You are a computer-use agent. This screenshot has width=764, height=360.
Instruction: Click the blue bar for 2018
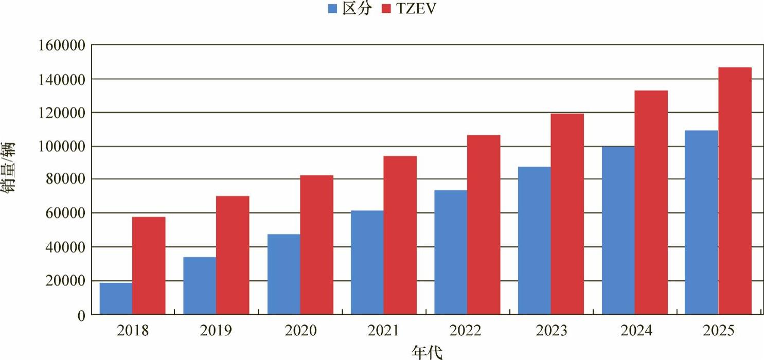click(x=116, y=298)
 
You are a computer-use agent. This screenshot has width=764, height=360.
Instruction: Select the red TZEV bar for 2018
click(x=149, y=265)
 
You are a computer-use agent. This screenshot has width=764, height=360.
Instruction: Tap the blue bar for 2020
click(x=283, y=274)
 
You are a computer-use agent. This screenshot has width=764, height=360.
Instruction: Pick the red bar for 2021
click(x=400, y=235)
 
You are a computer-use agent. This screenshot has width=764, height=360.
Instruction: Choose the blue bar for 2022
click(x=451, y=252)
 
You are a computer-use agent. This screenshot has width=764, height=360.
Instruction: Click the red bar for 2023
click(x=567, y=213)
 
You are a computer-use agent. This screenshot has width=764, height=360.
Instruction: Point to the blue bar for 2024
click(x=618, y=230)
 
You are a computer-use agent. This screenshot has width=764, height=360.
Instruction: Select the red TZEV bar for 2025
click(x=735, y=190)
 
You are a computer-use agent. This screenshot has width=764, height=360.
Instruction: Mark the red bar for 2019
click(x=233, y=255)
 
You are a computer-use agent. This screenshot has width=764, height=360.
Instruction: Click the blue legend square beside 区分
click(x=333, y=9)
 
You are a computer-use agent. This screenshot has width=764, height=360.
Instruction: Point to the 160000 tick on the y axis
click(x=61, y=46)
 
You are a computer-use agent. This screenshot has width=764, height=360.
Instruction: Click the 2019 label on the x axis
click(x=216, y=330)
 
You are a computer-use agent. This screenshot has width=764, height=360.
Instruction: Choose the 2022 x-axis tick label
click(x=467, y=330)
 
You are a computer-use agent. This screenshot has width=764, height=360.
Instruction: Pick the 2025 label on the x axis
click(x=718, y=330)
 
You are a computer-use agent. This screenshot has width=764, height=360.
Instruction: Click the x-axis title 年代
click(x=427, y=352)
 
